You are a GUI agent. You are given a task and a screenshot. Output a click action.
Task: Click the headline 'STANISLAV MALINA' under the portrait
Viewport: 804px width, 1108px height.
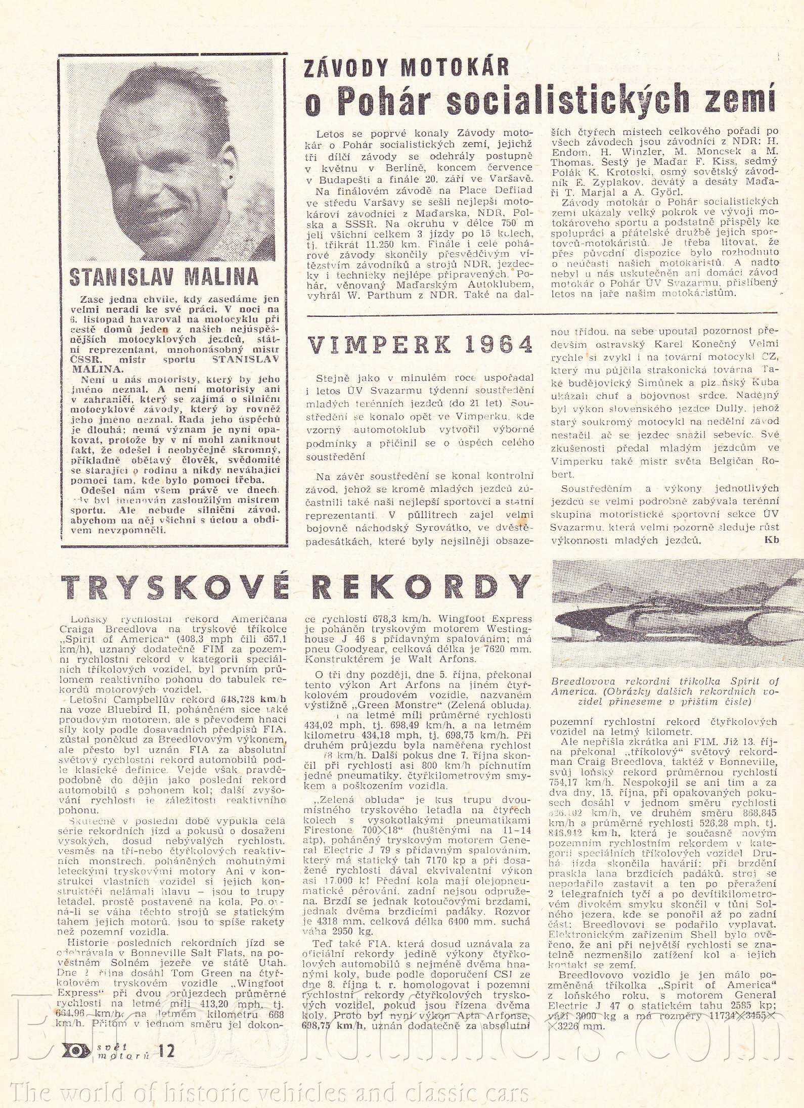click(163, 276)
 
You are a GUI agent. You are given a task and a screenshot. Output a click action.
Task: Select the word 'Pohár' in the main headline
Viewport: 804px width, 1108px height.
click(381, 100)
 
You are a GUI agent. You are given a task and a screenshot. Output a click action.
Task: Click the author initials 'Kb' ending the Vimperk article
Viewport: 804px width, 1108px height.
click(772, 540)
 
